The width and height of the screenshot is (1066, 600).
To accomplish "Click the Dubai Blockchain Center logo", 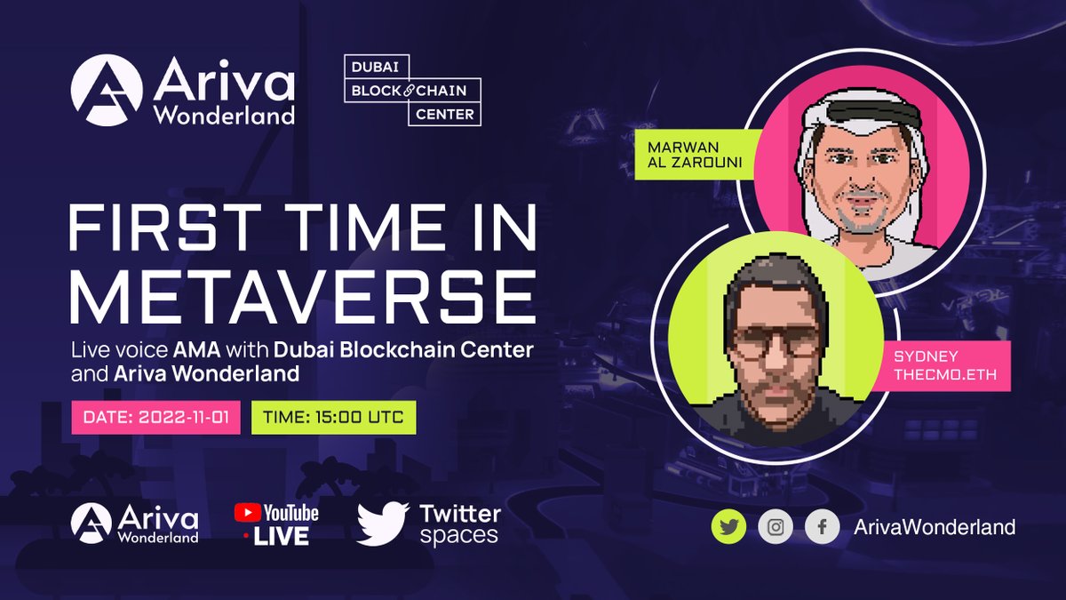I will tap(412, 91).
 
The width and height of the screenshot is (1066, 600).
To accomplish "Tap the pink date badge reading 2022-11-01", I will tap(155, 417).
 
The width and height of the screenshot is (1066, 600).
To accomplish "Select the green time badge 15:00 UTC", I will tap(332, 417).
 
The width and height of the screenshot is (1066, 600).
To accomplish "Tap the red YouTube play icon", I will tap(247, 513).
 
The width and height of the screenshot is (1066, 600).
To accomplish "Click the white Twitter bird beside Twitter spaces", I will tap(382, 523).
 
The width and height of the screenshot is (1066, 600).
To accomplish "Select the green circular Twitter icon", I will tap(728, 527).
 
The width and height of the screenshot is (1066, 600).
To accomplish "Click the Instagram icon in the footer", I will tap(776, 527).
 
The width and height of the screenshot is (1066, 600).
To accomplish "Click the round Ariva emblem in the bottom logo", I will tap(91, 523).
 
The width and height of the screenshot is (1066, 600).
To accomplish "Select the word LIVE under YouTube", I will tap(281, 535).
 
